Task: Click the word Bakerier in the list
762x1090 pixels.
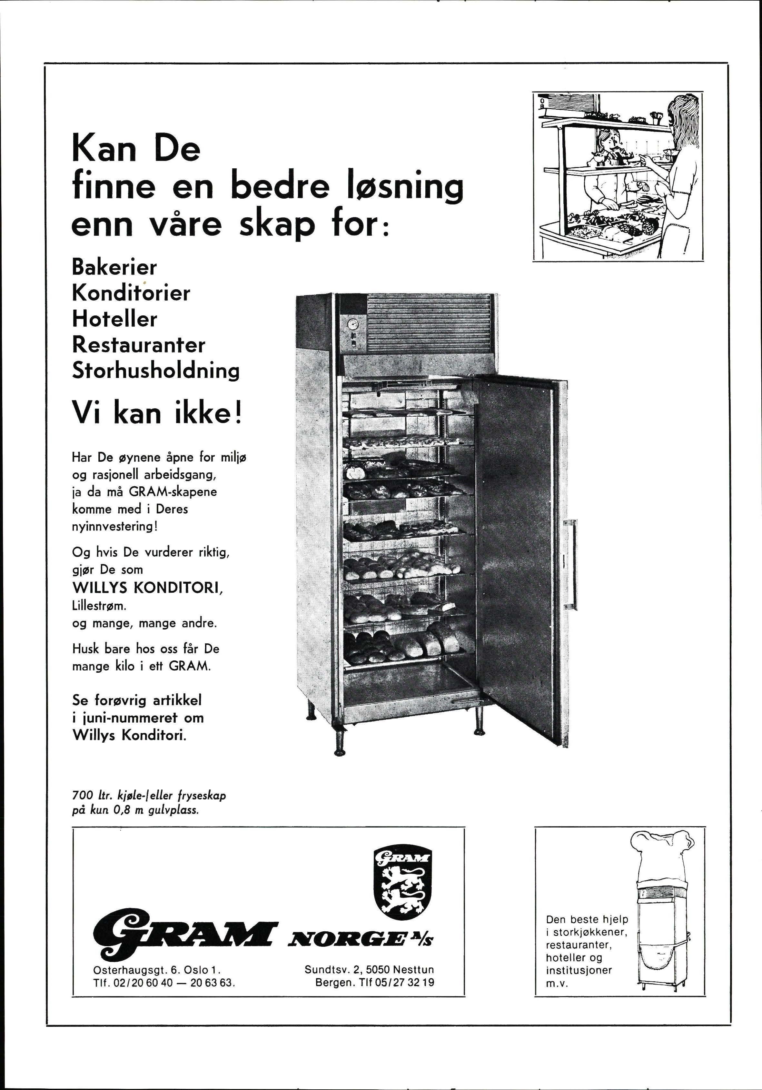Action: point(114,267)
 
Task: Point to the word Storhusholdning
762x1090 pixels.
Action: point(156,371)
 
